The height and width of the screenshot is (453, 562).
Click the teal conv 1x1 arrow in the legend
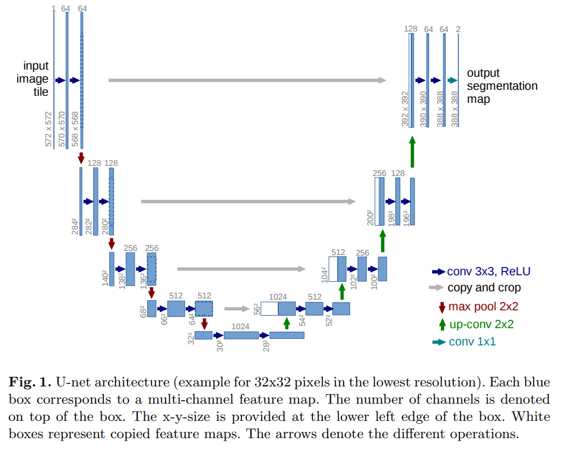click(x=439, y=342)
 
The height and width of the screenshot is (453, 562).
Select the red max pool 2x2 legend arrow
click(x=441, y=307)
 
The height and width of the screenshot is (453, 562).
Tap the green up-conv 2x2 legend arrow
click(x=441, y=324)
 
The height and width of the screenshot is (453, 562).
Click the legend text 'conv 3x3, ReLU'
click(x=488, y=272)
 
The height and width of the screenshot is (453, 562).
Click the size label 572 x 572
click(x=48, y=128)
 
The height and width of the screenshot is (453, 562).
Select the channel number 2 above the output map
click(x=458, y=29)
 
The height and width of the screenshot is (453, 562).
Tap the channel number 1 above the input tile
click(x=53, y=8)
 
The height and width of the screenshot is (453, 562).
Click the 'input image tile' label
click(x=36, y=78)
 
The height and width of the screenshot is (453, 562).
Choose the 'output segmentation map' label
click(x=502, y=86)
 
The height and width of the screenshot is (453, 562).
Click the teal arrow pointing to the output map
click(x=452, y=80)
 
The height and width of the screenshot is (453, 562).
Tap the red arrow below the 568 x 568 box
click(x=81, y=158)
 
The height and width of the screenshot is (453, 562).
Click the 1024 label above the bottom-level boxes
click(x=240, y=326)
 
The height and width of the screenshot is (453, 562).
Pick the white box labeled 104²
click(x=333, y=269)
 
